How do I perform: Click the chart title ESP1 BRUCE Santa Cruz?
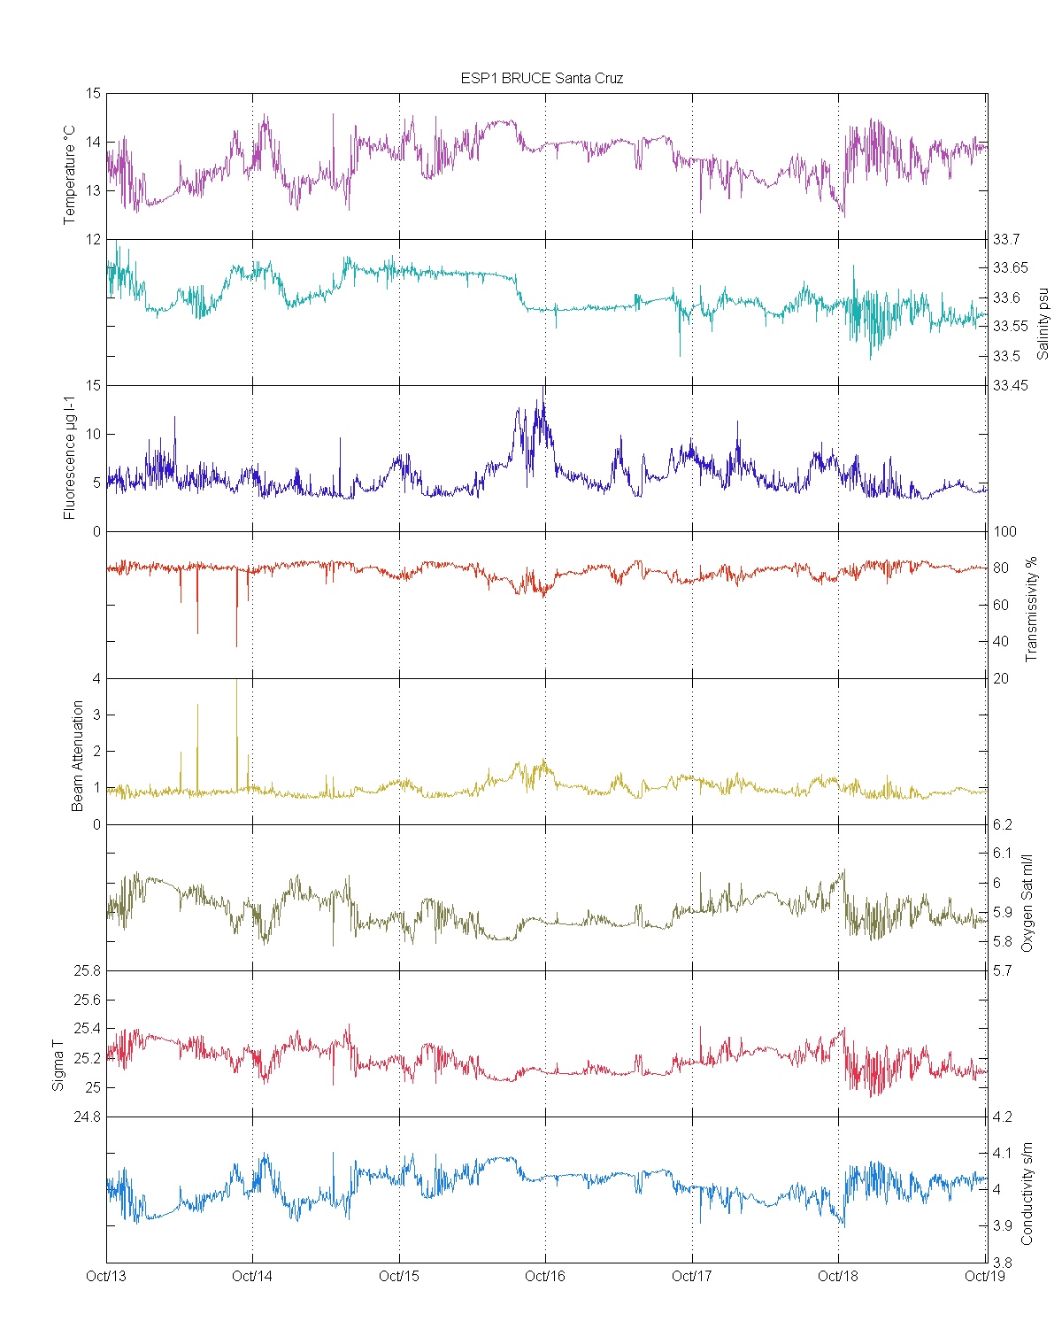[542, 78]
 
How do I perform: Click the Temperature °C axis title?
[70, 174]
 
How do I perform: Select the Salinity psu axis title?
[1043, 323]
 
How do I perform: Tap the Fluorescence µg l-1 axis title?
[70, 457]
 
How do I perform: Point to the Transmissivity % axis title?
[1030, 609]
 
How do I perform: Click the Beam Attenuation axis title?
[78, 755]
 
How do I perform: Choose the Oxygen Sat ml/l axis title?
[1027, 903]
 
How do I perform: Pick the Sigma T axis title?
[58, 1065]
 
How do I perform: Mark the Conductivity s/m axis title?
[1027, 1194]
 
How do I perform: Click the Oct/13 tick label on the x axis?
[106, 1276]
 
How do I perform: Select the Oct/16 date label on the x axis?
[545, 1276]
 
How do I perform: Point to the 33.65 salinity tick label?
[1010, 268]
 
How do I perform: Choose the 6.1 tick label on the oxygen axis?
[1003, 854]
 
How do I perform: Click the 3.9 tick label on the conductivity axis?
[1003, 1226]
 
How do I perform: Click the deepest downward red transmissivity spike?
[236, 645]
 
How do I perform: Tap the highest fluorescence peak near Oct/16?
[543, 390]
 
